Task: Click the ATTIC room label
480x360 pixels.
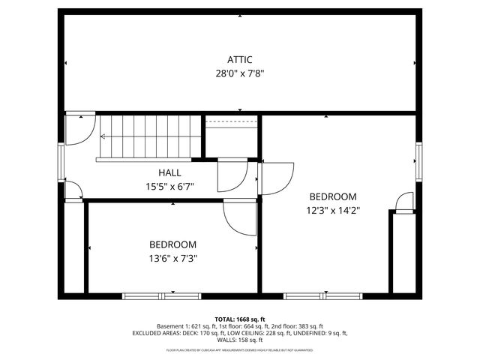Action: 240,60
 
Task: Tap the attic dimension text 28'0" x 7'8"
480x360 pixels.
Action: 240,73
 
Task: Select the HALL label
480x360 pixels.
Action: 169,173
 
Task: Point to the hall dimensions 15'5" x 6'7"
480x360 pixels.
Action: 169,187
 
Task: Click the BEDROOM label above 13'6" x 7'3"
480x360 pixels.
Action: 172,244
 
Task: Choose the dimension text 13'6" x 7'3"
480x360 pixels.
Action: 172,259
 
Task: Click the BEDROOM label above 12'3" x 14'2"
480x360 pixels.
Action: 332,196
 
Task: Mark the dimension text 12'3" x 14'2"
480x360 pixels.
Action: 332,211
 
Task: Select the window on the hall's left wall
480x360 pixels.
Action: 61,158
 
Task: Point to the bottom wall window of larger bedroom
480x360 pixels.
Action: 324,295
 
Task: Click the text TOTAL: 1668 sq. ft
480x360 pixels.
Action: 240,319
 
